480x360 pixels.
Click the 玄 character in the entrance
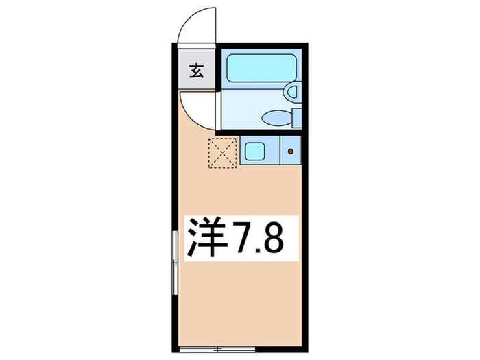pyautogui.click(x=197, y=70)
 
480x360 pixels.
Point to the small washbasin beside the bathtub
pyautogui.click(x=291, y=91)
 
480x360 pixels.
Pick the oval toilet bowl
pyautogui.click(x=278, y=118)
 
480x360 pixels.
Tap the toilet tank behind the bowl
pyautogui.click(x=296, y=118)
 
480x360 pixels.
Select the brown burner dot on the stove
pyautogui.click(x=291, y=150)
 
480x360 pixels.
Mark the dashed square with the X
pyautogui.click(x=221, y=152)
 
